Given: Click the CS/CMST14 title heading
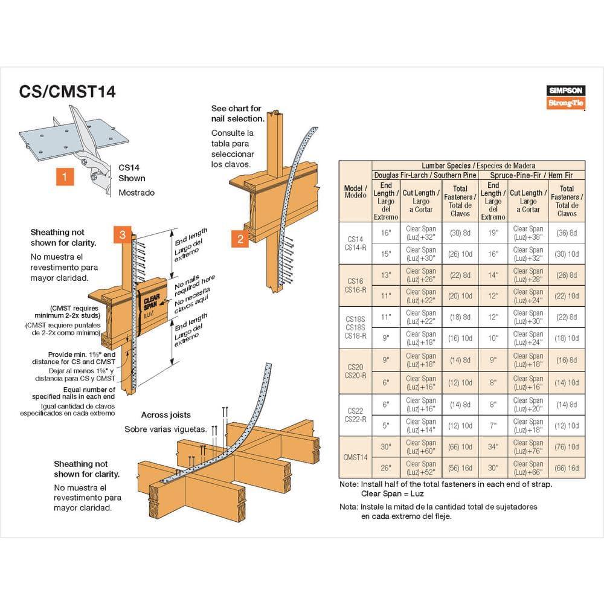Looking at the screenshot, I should point(67,92).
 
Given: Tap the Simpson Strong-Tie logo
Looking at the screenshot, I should point(567,97).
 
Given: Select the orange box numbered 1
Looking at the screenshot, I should point(65,177).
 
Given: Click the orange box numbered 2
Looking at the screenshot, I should point(240,239).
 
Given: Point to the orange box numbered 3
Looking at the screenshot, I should point(122,235).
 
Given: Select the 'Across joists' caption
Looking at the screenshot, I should point(165,415).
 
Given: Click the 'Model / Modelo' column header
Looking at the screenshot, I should point(355,191).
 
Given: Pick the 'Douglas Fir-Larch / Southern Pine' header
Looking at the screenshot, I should point(425,175).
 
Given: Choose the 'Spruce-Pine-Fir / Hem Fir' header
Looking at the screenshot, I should point(531,175).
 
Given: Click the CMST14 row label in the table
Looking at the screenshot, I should point(355,457).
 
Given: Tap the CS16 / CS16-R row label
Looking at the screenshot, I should point(355,285).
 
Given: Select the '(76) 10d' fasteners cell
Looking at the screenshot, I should point(567,447).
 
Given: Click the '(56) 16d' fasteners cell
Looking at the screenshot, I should point(460,468).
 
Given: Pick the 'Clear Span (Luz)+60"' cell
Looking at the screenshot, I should point(421,447).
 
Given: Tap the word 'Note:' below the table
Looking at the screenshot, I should point(349,484).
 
